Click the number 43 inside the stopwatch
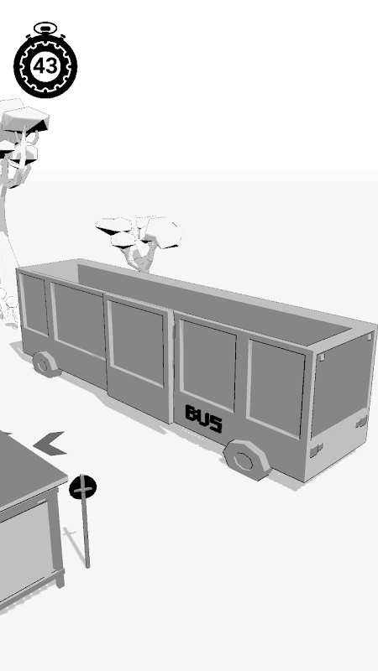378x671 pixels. (x=45, y=66)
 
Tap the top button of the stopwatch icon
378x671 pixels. (x=45, y=29)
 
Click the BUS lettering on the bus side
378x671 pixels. (x=203, y=419)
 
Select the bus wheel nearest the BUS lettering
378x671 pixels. (x=247, y=460)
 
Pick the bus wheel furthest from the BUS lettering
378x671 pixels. (x=45, y=364)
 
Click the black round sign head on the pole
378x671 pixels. (x=82, y=487)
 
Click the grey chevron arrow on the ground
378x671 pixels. (x=50, y=444)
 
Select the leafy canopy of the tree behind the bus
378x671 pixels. (x=139, y=232)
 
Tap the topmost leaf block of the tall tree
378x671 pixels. (x=26, y=117)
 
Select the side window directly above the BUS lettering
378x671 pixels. (x=207, y=365)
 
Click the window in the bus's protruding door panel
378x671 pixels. (x=136, y=342)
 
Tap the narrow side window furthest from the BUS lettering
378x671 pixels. (x=34, y=304)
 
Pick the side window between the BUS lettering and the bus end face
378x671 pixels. (x=276, y=388)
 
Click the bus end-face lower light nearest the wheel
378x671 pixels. (x=317, y=450)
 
